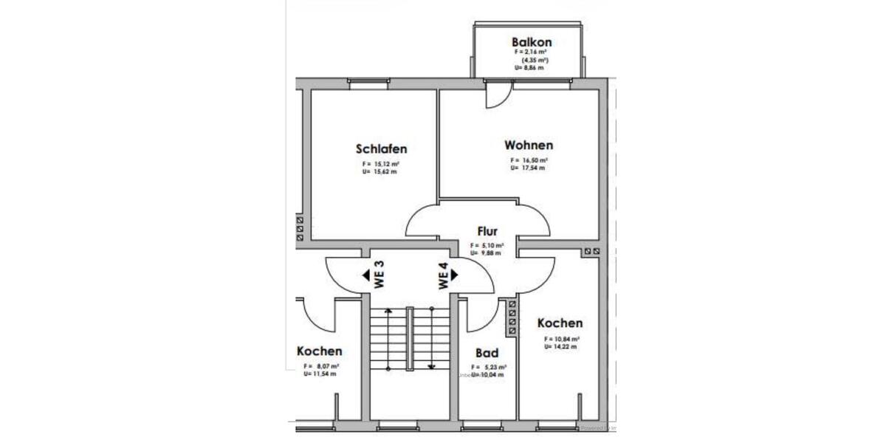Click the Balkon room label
click(x=531, y=42)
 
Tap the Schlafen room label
click(x=381, y=148)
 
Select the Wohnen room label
click(x=529, y=145)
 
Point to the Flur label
click(x=487, y=232)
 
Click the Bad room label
click(x=487, y=353)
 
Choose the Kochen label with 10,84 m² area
click(x=560, y=323)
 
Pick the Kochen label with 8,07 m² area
click(x=319, y=351)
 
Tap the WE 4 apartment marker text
click(x=443, y=275)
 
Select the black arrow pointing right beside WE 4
click(x=455, y=274)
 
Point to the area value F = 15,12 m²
click(x=381, y=163)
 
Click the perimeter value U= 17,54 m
click(x=528, y=168)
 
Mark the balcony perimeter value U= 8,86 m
click(x=529, y=67)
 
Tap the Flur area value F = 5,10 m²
click(x=487, y=245)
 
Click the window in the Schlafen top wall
click(x=368, y=84)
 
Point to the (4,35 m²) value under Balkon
click(x=531, y=60)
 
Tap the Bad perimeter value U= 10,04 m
click(x=489, y=374)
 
